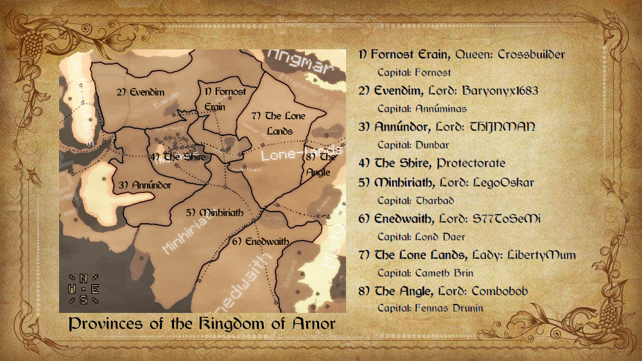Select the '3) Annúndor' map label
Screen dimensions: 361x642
(145, 185)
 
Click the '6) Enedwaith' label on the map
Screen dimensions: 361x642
(260, 242)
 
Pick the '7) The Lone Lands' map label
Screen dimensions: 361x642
(278, 123)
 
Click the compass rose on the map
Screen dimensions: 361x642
(83, 289)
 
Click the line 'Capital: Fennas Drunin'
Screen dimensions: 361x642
(430, 308)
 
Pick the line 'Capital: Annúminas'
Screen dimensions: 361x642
(422, 108)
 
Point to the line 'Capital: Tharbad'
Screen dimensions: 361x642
(416, 200)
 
